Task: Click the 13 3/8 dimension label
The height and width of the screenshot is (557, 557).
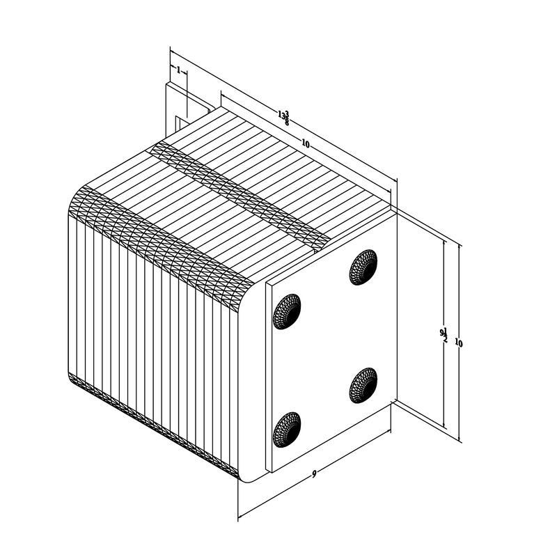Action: [x=283, y=116]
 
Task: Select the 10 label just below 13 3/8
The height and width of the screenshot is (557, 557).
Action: [x=305, y=143]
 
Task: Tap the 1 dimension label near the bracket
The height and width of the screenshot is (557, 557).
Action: [x=178, y=70]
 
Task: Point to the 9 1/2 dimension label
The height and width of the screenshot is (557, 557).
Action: [x=444, y=335]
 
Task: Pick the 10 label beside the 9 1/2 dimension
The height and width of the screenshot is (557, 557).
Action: [x=458, y=343]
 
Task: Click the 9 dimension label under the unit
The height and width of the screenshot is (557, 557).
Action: [x=315, y=474]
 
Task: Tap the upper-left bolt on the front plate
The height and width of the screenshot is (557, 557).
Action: [x=286, y=311]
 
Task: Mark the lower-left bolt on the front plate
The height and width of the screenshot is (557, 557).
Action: [x=286, y=429]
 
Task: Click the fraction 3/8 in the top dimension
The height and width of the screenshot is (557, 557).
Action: [x=286, y=118]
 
